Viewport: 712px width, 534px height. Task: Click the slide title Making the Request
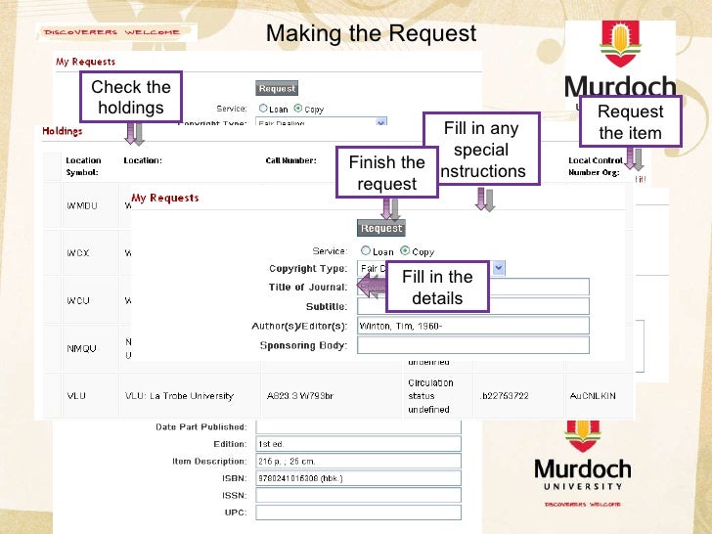[x=371, y=34]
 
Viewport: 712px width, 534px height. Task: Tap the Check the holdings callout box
[x=131, y=97]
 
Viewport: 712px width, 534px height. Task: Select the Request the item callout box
[x=630, y=122]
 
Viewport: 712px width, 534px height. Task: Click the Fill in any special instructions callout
[x=481, y=150]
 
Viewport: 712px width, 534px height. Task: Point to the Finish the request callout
[x=386, y=173]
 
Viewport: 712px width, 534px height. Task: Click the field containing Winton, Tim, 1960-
[x=472, y=326]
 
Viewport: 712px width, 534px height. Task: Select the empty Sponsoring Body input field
[x=472, y=345]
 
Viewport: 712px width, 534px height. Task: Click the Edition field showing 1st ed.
[x=357, y=443]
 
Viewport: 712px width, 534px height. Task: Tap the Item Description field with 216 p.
[x=357, y=460]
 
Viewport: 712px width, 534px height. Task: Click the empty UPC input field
[x=357, y=512]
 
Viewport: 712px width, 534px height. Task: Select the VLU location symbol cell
[x=77, y=396]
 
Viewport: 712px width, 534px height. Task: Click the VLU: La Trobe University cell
[x=179, y=396]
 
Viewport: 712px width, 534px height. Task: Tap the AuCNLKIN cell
[x=594, y=396]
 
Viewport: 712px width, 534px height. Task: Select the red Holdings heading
[x=62, y=130]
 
